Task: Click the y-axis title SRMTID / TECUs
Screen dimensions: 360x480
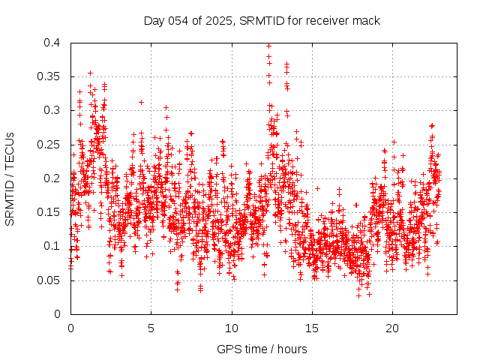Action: pyautogui.click(x=10, y=178)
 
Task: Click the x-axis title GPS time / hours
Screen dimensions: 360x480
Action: pyautogui.click(x=262, y=349)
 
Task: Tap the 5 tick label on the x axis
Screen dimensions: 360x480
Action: pyautogui.click(x=151, y=328)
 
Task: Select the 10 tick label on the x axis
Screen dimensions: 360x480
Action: pyautogui.click(x=232, y=328)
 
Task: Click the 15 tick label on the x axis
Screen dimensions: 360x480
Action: pyautogui.click(x=312, y=328)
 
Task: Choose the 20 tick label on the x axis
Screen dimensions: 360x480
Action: pyautogui.click(x=392, y=328)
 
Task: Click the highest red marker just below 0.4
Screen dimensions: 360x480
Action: pyautogui.click(x=268, y=46)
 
